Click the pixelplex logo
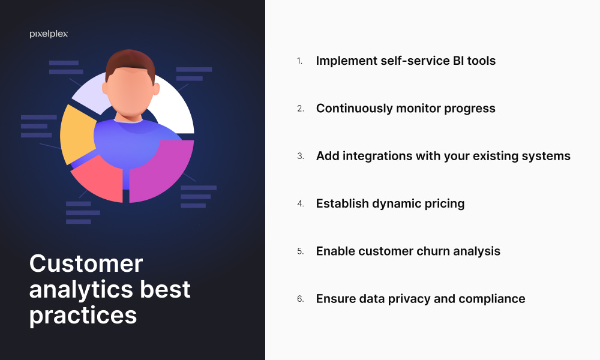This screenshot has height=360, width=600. [49, 34]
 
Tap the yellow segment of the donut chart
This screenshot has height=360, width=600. [77, 134]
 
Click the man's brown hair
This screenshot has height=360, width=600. [130, 62]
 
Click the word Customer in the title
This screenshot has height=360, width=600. [86, 263]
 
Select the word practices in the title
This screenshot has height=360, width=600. [83, 316]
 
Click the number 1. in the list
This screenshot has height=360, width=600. [299, 61]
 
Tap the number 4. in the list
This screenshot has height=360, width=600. [301, 203]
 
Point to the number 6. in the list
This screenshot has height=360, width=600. [301, 299]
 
